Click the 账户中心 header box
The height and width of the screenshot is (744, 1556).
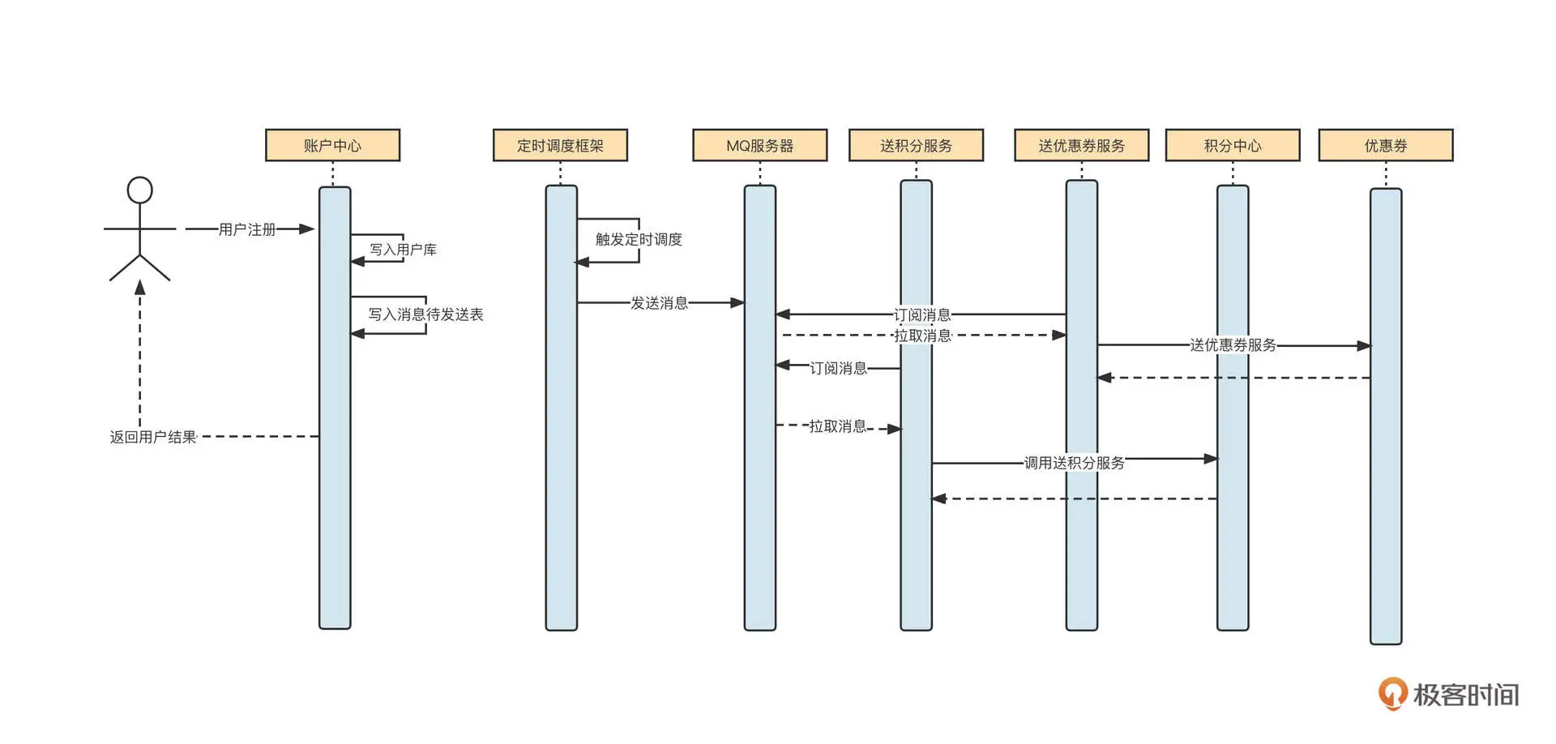coord(332,146)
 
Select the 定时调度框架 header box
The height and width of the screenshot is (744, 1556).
coord(560,146)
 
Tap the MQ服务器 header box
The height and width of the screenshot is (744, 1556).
coord(759,146)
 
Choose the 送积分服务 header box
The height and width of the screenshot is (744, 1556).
coord(916,146)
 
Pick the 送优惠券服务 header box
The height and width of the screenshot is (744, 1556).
coord(1081,146)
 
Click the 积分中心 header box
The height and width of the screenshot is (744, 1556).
coord(1232,146)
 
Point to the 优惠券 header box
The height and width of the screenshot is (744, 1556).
coord(1385,146)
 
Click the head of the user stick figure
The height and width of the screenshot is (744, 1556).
coord(140,190)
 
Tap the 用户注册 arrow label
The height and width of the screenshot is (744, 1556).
coord(247,230)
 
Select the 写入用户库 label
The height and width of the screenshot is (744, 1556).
coord(403,250)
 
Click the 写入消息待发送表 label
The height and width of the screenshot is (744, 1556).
coord(425,314)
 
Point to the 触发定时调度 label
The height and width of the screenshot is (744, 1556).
coord(639,240)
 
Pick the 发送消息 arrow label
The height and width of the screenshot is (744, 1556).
coord(659,303)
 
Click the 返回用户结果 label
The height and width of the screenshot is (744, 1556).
coord(153,438)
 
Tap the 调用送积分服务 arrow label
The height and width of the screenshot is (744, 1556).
coord(1074,463)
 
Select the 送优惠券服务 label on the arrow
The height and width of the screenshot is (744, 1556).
coord(1233,345)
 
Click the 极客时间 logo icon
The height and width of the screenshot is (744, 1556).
coord(1392,694)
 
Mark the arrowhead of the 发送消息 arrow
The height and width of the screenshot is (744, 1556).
coord(737,303)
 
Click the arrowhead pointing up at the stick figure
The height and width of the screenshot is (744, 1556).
coord(140,287)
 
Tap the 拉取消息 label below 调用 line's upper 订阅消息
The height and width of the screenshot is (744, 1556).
coord(922,336)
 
